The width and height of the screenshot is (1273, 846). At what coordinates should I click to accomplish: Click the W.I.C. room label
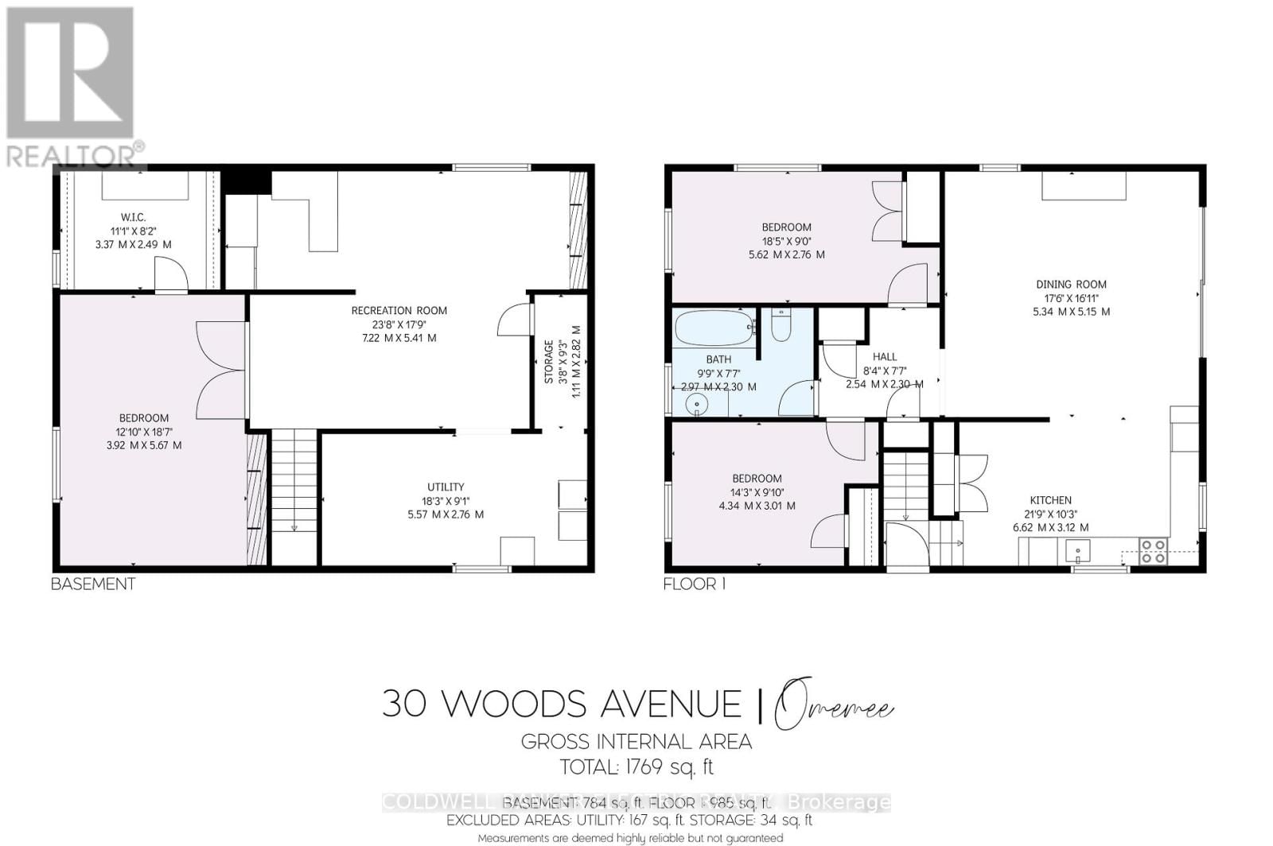pos(133,217)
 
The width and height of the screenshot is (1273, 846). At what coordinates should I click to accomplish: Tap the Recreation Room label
pos(399,310)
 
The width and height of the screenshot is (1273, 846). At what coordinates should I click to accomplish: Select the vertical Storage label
pos(549,362)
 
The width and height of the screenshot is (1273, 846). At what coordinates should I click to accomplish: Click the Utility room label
pos(445,487)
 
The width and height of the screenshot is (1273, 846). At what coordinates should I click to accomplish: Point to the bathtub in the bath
pos(714,328)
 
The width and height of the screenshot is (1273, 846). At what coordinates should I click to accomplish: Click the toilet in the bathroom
pos(781,326)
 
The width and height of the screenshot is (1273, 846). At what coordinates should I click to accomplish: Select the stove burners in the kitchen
pos(1154,551)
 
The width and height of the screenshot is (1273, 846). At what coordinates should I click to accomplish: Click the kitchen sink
pos(1079,549)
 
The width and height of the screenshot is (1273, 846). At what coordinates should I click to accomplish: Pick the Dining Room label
pos(1071,284)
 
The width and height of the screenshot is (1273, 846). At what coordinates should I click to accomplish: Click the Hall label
pos(884,357)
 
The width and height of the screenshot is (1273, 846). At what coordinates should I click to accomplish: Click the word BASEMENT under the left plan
pos(93,584)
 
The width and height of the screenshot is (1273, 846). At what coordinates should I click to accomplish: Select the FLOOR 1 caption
pos(695,584)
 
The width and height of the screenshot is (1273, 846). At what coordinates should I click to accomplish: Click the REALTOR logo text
pos(72,156)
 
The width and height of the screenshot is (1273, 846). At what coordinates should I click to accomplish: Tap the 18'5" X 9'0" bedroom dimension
pos(786,241)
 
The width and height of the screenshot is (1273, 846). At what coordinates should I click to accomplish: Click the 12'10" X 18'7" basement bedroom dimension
pos(144,432)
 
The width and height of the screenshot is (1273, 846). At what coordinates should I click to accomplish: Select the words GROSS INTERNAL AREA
pos(636,742)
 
